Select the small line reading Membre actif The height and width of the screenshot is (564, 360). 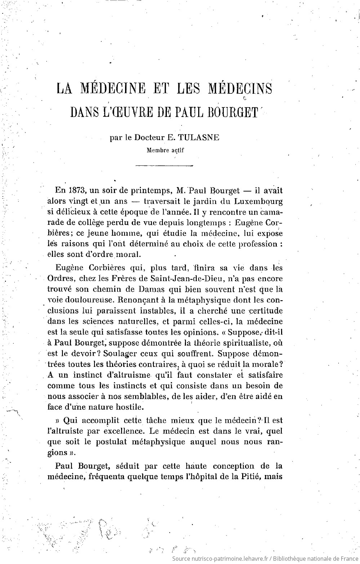tap(165, 150)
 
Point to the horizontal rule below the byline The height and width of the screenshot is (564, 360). tap(164, 166)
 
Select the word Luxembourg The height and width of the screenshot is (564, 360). tap(258, 201)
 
